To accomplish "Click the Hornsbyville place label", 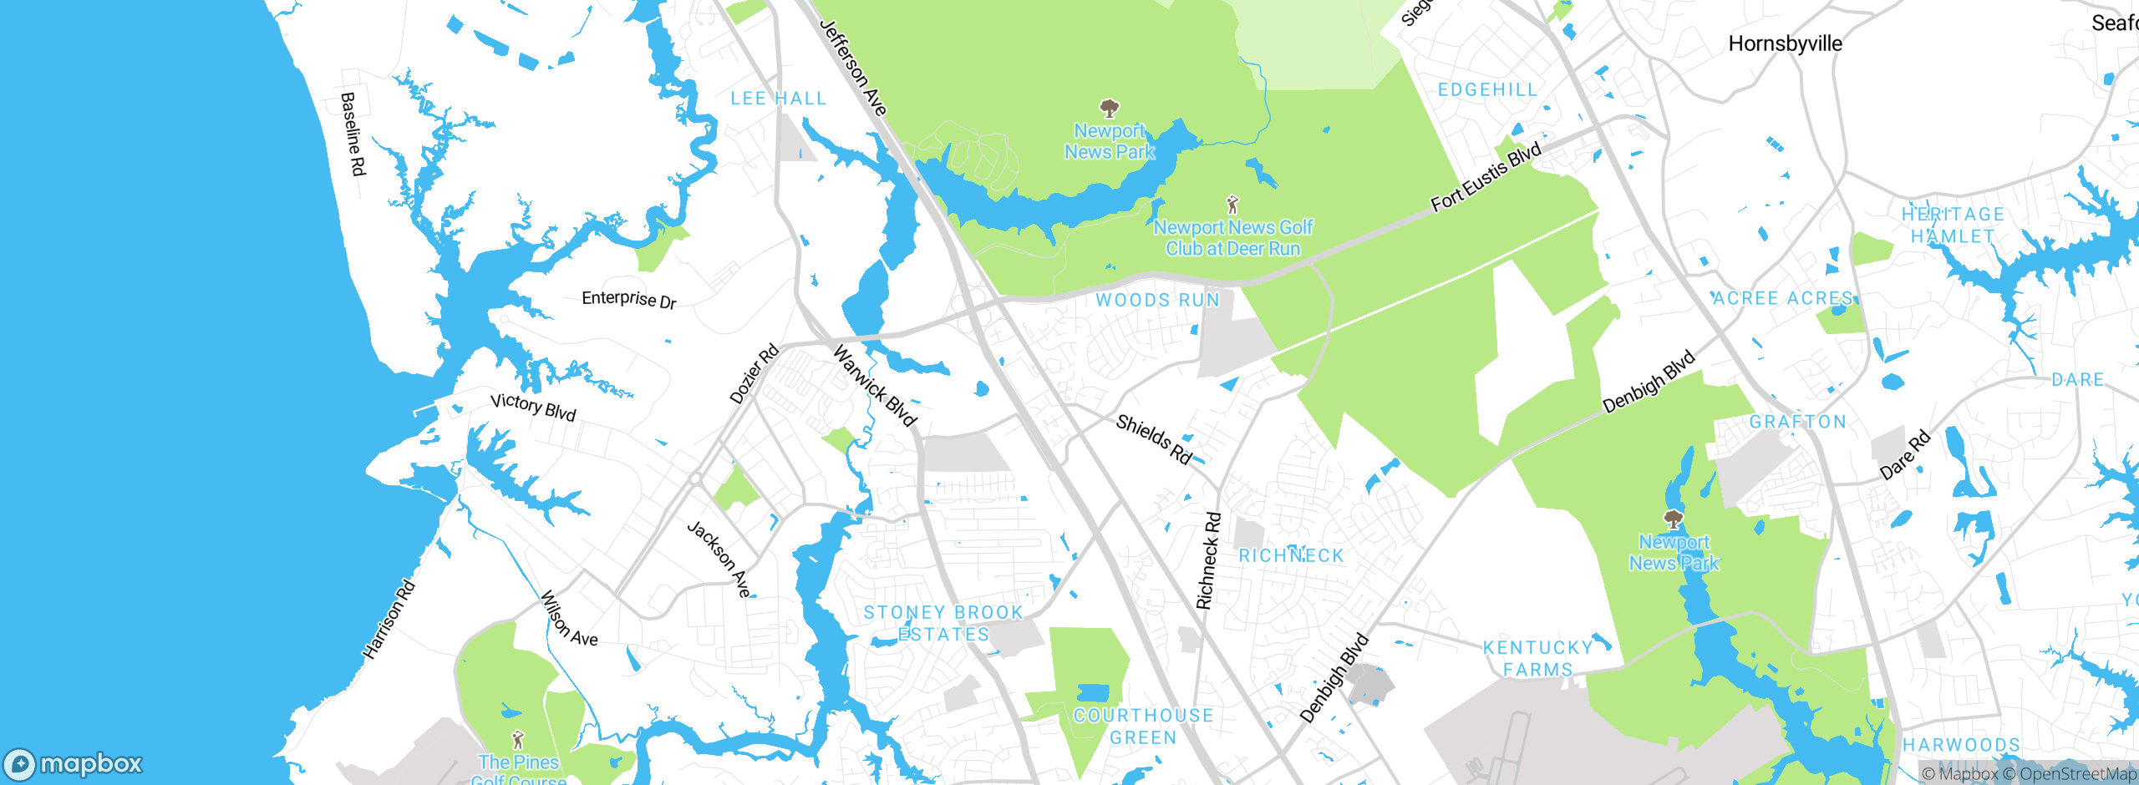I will tap(1785, 43).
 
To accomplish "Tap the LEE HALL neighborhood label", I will tap(778, 99).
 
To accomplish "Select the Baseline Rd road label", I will tap(353, 134).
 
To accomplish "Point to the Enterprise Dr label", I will tap(628, 299).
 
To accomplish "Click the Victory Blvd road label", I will tap(533, 407).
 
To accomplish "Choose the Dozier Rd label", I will tap(754, 373).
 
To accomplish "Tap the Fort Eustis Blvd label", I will tap(1486, 177).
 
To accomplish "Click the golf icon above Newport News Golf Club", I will tap(1232, 204).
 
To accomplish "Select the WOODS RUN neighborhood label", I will tap(1157, 300).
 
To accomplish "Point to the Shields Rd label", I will tap(1154, 439).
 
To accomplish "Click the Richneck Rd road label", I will tap(1208, 560).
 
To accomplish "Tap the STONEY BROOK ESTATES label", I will tap(943, 623).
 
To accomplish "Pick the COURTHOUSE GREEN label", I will tap(1143, 726).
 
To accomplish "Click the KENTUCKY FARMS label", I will tap(1537, 658).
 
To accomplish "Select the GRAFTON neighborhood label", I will tap(1798, 422).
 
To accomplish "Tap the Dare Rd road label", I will tap(1905, 454).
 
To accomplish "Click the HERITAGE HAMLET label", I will tap(1953, 225).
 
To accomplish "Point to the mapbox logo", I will tap(74, 763).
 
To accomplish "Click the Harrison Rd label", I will tap(389, 619).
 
